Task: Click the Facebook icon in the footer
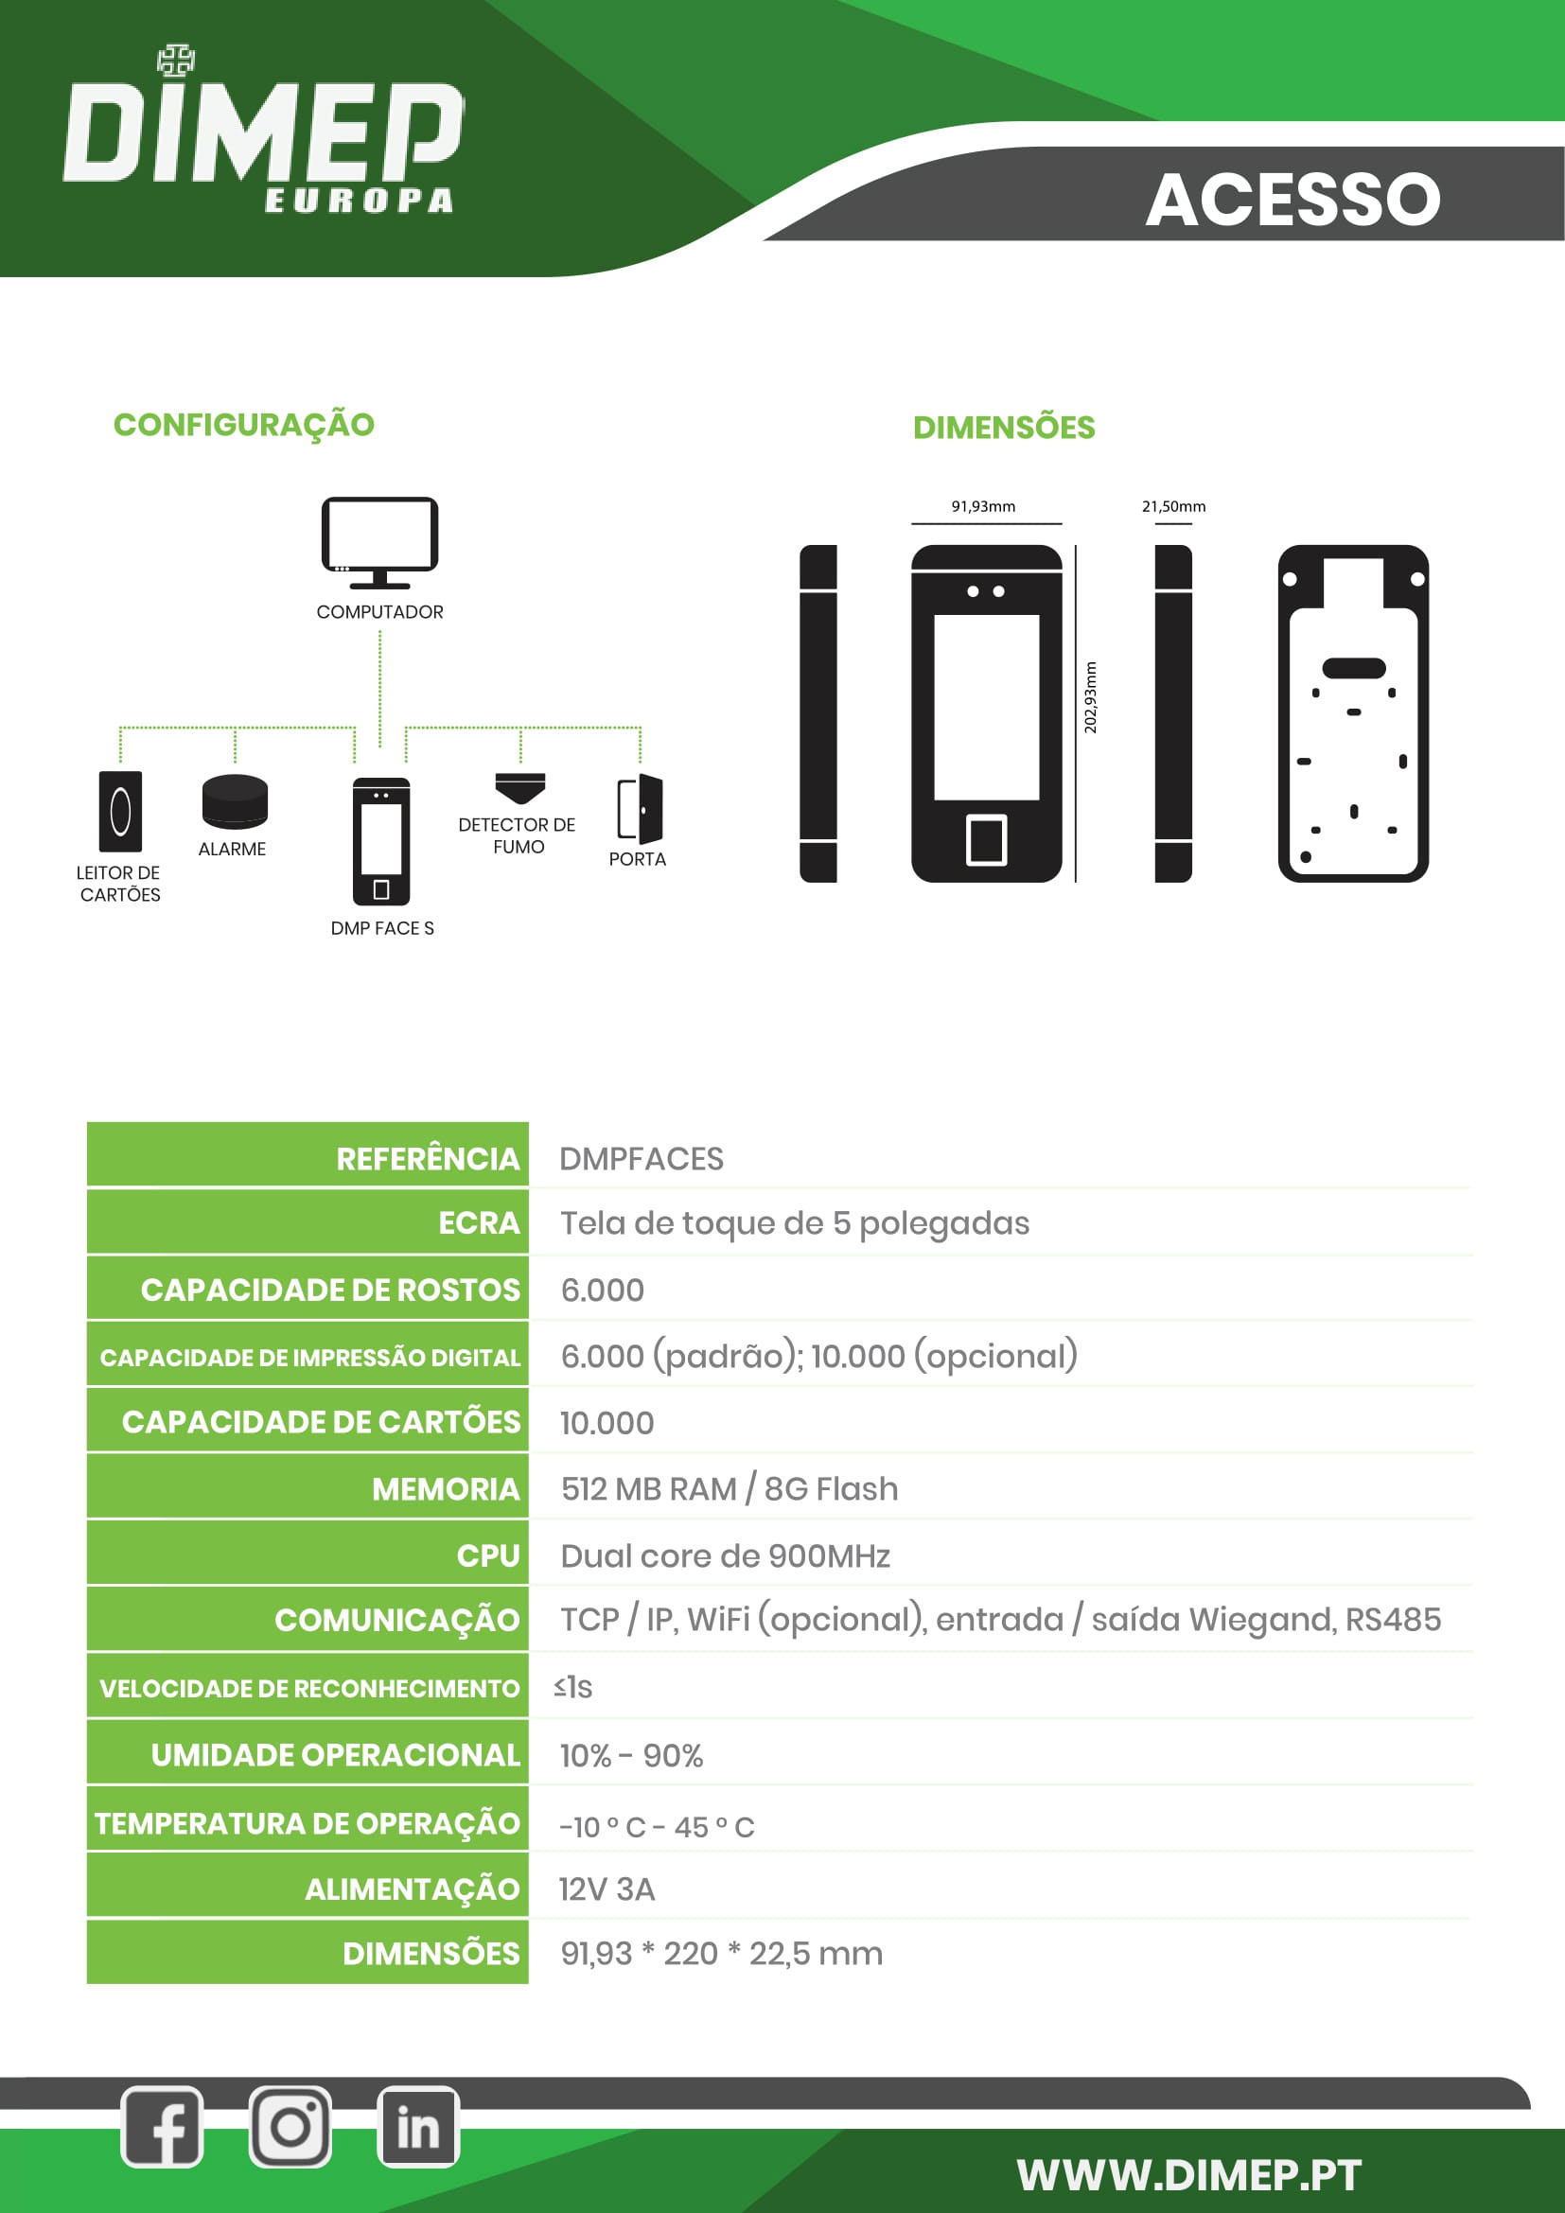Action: tap(162, 2127)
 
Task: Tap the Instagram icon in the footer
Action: tap(290, 2127)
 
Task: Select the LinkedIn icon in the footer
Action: tap(417, 2127)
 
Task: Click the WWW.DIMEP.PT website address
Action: tap(1188, 2175)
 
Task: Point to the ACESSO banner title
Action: tap(1292, 200)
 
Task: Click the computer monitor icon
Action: tap(379, 542)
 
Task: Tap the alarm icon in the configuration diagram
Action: tap(234, 801)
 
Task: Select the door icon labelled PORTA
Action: tap(640, 809)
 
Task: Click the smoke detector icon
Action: tap(520, 787)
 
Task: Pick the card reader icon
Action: tap(120, 811)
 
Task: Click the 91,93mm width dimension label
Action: tap(983, 506)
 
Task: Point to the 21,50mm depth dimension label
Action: tap(1172, 506)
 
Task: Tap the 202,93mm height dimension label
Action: tap(1090, 697)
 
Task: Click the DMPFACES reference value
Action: tap(641, 1159)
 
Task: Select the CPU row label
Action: tap(487, 1555)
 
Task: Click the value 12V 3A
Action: tap(607, 1889)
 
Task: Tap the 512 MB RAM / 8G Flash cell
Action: tap(729, 1489)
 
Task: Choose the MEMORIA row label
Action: tap(446, 1489)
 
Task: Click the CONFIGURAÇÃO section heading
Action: tap(244, 424)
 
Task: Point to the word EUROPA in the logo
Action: tap(359, 201)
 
